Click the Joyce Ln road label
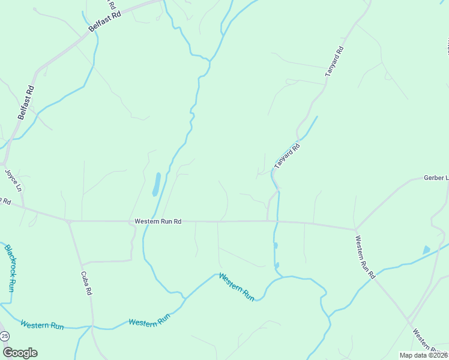click(x=13, y=180)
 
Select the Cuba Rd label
click(x=86, y=283)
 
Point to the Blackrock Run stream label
click(x=10, y=268)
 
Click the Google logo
click(x=20, y=353)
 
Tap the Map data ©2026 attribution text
click(x=423, y=355)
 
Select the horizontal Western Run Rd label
click(x=158, y=221)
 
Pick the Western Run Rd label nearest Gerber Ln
click(x=365, y=257)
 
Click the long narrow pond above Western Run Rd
click(x=156, y=184)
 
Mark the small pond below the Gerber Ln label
click(x=426, y=250)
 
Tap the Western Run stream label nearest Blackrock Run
click(x=42, y=325)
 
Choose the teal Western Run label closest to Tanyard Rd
click(x=237, y=286)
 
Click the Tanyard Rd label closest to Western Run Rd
click(x=287, y=155)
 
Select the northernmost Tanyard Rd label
click(x=334, y=61)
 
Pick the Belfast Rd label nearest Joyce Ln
click(x=26, y=103)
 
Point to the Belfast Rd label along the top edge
click(x=104, y=21)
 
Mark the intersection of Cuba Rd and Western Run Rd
click(x=68, y=221)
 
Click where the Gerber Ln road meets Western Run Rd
click(x=356, y=229)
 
